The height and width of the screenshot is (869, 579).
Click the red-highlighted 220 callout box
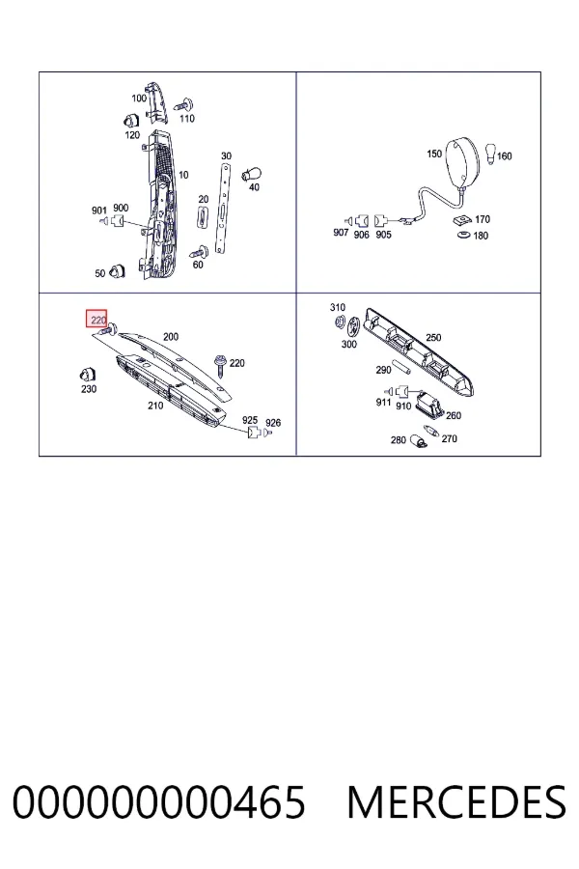pos(96,319)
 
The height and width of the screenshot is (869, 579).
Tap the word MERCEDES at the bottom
pos(456,802)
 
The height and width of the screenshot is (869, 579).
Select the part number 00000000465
pos(158,802)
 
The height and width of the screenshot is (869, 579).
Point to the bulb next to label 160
pos(490,154)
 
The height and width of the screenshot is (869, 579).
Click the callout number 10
pos(183,175)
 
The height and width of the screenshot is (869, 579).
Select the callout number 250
pos(433,337)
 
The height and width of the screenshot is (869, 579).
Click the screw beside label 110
pos(183,104)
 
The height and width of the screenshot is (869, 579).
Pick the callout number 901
pos(98,210)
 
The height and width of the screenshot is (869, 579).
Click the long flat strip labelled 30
pos(223,208)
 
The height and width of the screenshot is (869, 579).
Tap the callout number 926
pos(272,422)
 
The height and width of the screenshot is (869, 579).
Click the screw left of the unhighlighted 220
pos(221,364)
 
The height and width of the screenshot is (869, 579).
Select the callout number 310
pos(338,307)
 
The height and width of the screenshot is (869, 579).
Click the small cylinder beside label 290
pos(400,368)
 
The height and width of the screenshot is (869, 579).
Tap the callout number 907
pos(341,232)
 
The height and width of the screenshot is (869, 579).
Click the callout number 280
pos(398,440)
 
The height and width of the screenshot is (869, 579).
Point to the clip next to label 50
pos(117,270)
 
